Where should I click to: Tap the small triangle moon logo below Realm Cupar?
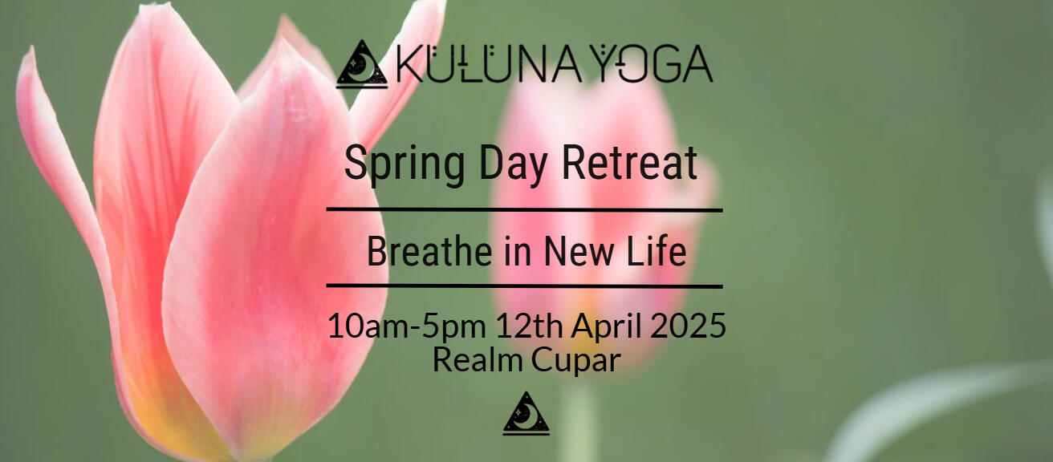point(526,414)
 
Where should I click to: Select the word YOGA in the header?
point(653,63)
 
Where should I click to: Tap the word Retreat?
point(629,163)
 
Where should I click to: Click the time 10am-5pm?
point(407,326)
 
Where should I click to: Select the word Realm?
point(478,359)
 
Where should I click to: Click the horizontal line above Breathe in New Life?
point(524,209)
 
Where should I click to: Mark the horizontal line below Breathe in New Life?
point(524,286)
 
